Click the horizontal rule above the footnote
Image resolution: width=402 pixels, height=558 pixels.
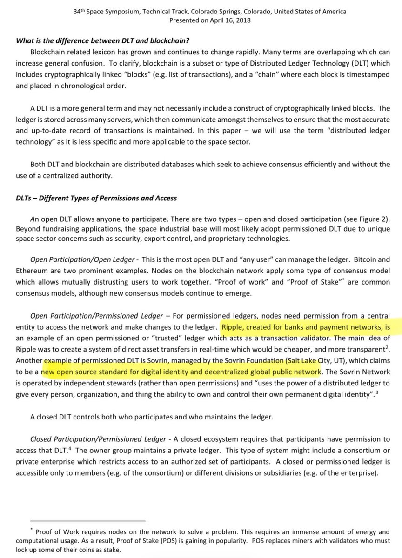[88, 521]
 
